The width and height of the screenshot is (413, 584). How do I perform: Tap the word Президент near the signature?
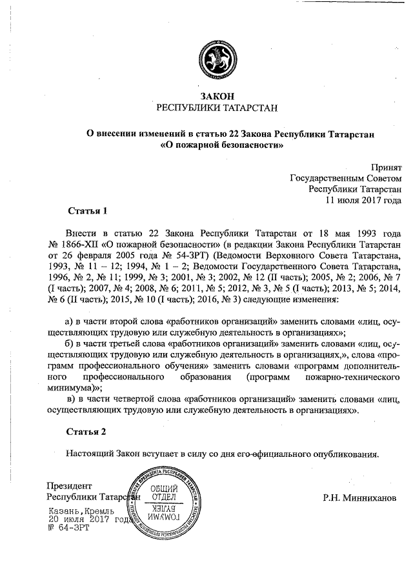70,485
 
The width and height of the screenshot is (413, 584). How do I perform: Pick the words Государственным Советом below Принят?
346,177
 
